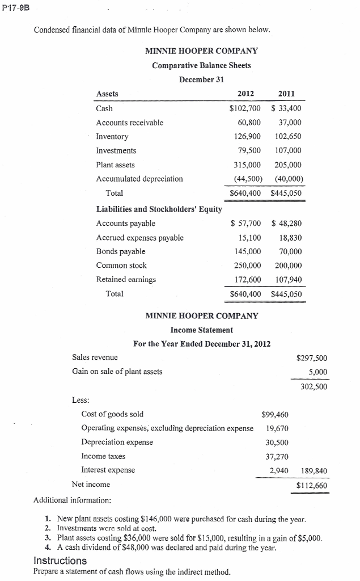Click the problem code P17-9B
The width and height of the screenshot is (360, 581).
tap(15, 7)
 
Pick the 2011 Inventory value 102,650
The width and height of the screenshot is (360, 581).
tap(287, 136)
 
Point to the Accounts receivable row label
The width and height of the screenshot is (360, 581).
tap(129, 122)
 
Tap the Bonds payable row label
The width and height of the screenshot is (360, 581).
tap(120, 251)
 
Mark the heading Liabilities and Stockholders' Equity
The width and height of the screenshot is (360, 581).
tap(159, 209)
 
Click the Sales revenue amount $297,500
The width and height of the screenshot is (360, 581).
tap(312, 357)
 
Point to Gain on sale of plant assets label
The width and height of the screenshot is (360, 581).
tap(117, 372)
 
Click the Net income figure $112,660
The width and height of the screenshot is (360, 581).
tap(312, 485)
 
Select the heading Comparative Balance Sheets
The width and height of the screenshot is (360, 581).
tap(201, 65)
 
